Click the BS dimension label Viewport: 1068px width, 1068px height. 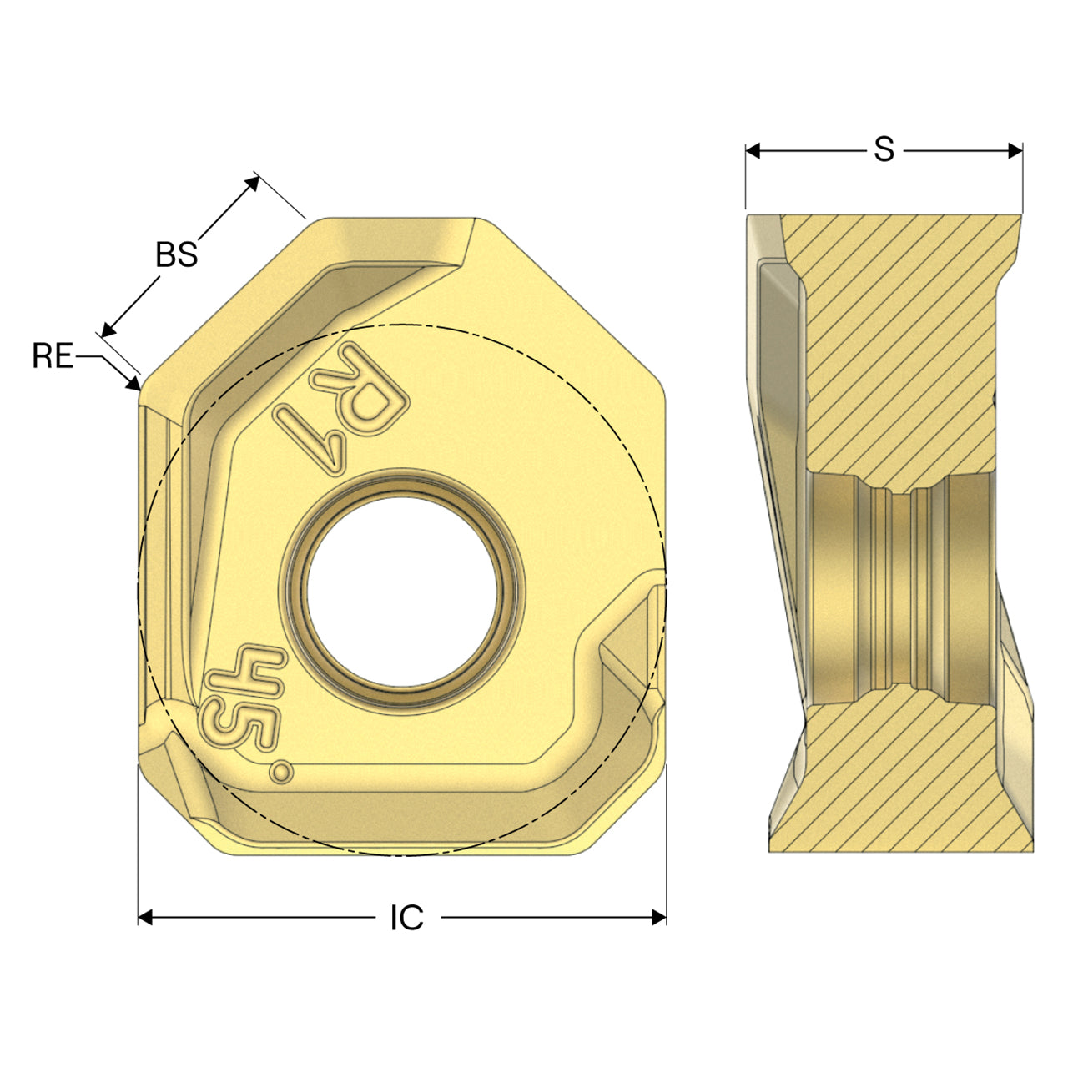(177, 255)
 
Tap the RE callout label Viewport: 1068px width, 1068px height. (53, 355)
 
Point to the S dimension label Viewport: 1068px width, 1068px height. (884, 149)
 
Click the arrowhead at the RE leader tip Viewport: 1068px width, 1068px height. (133, 383)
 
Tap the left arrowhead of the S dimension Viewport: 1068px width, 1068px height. (753, 150)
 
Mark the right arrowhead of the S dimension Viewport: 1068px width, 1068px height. (1015, 150)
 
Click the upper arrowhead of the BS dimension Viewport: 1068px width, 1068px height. (252, 183)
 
